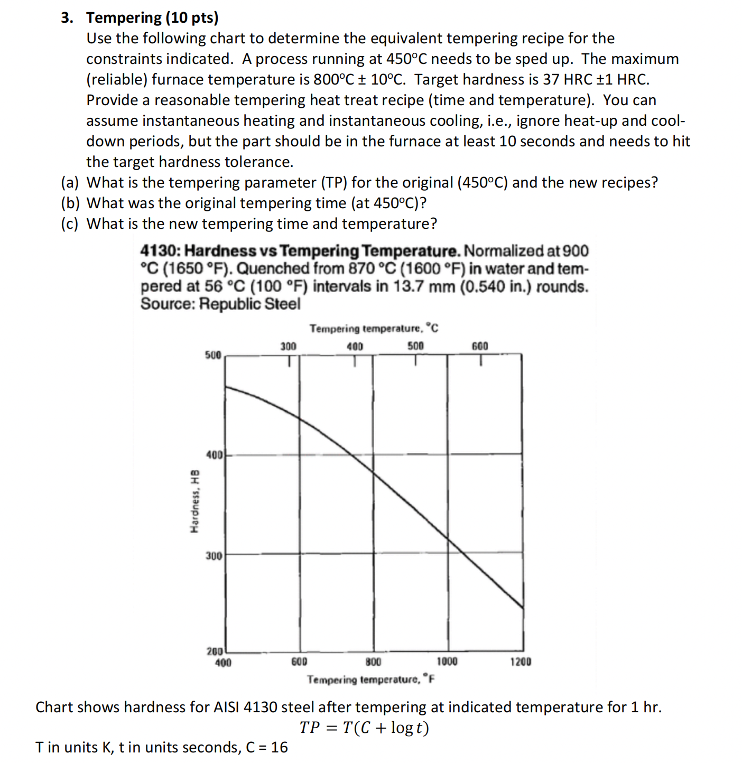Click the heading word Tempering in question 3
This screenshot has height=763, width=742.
click(x=124, y=17)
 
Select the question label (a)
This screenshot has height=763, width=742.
click(x=69, y=183)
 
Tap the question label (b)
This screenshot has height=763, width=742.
click(x=69, y=203)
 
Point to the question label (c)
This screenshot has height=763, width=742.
click(x=69, y=224)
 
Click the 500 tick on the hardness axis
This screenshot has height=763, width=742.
click(x=213, y=355)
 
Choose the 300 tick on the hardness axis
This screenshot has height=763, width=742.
click(x=214, y=555)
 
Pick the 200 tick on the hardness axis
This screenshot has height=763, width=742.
click(x=214, y=651)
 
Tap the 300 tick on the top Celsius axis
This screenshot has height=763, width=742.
click(x=288, y=347)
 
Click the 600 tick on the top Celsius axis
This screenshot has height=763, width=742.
click(x=480, y=347)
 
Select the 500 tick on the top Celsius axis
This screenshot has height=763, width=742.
click(x=415, y=347)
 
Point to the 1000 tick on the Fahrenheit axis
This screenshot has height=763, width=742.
click(x=447, y=662)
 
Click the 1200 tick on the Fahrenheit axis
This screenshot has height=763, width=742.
click(x=521, y=662)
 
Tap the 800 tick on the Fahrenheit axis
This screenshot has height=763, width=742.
click(x=373, y=662)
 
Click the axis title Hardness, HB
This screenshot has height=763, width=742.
click(x=194, y=500)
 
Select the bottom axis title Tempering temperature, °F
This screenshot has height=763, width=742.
click(x=371, y=679)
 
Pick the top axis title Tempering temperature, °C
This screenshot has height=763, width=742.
click(x=374, y=329)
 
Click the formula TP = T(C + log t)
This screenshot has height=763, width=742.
click(x=364, y=728)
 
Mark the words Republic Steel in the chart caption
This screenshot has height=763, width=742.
click(x=249, y=304)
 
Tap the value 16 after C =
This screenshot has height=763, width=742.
click(x=279, y=747)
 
